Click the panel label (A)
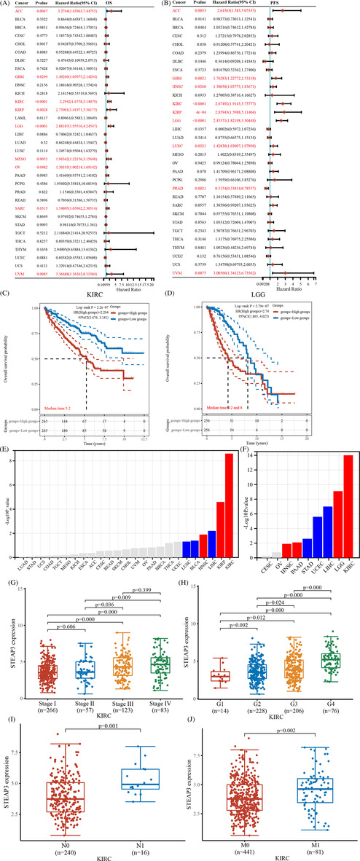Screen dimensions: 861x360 (x=7, y=4)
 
